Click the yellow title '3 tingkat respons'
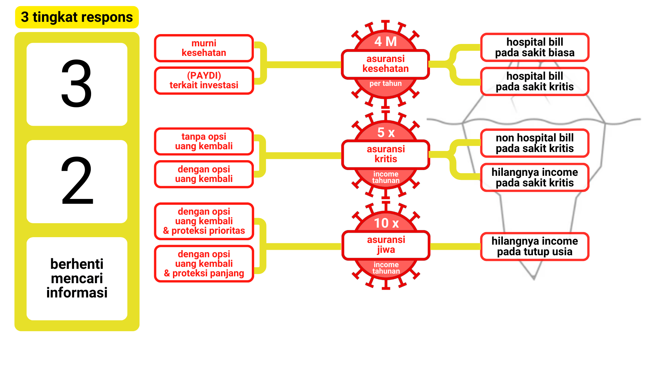[77, 17]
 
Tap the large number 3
[77, 84]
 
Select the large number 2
[77, 181]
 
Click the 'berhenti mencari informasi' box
[77, 278]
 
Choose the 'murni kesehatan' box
[204, 48]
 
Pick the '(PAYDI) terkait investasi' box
[204, 80]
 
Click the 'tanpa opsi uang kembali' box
[204, 141]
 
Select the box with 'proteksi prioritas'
[204, 221]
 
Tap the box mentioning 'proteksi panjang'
[204, 264]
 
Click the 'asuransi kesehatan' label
[385, 64]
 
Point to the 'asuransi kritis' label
[385, 154]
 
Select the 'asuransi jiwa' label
[386, 245]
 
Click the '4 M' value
[385, 42]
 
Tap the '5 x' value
[386, 133]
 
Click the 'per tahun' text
[385, 83]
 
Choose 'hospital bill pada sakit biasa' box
[535, 47]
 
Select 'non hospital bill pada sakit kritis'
[535, 143]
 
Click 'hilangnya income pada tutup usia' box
[535, 246]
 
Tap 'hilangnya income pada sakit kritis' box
[535, 178]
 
